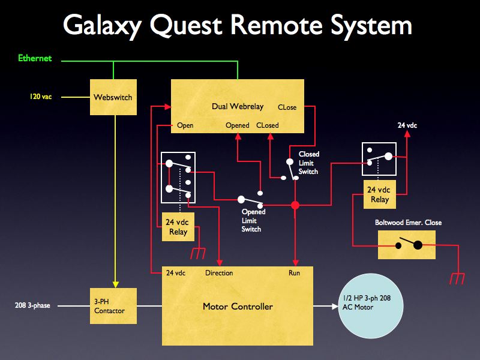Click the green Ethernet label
point(35,58)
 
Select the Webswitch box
point(113,97)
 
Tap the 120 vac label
point(41,96)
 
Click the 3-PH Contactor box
point(114,306)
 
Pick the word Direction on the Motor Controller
point(219,273)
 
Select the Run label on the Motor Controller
point(294,273)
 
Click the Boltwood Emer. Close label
point(408,223)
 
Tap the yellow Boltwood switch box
point(407,245)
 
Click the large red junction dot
point(295,206)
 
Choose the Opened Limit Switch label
point(253,220)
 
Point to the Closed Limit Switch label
point(309,163)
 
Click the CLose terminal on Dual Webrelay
point(287,107)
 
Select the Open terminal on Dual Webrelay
point(185,125)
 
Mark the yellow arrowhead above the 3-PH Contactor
point(114,284)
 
